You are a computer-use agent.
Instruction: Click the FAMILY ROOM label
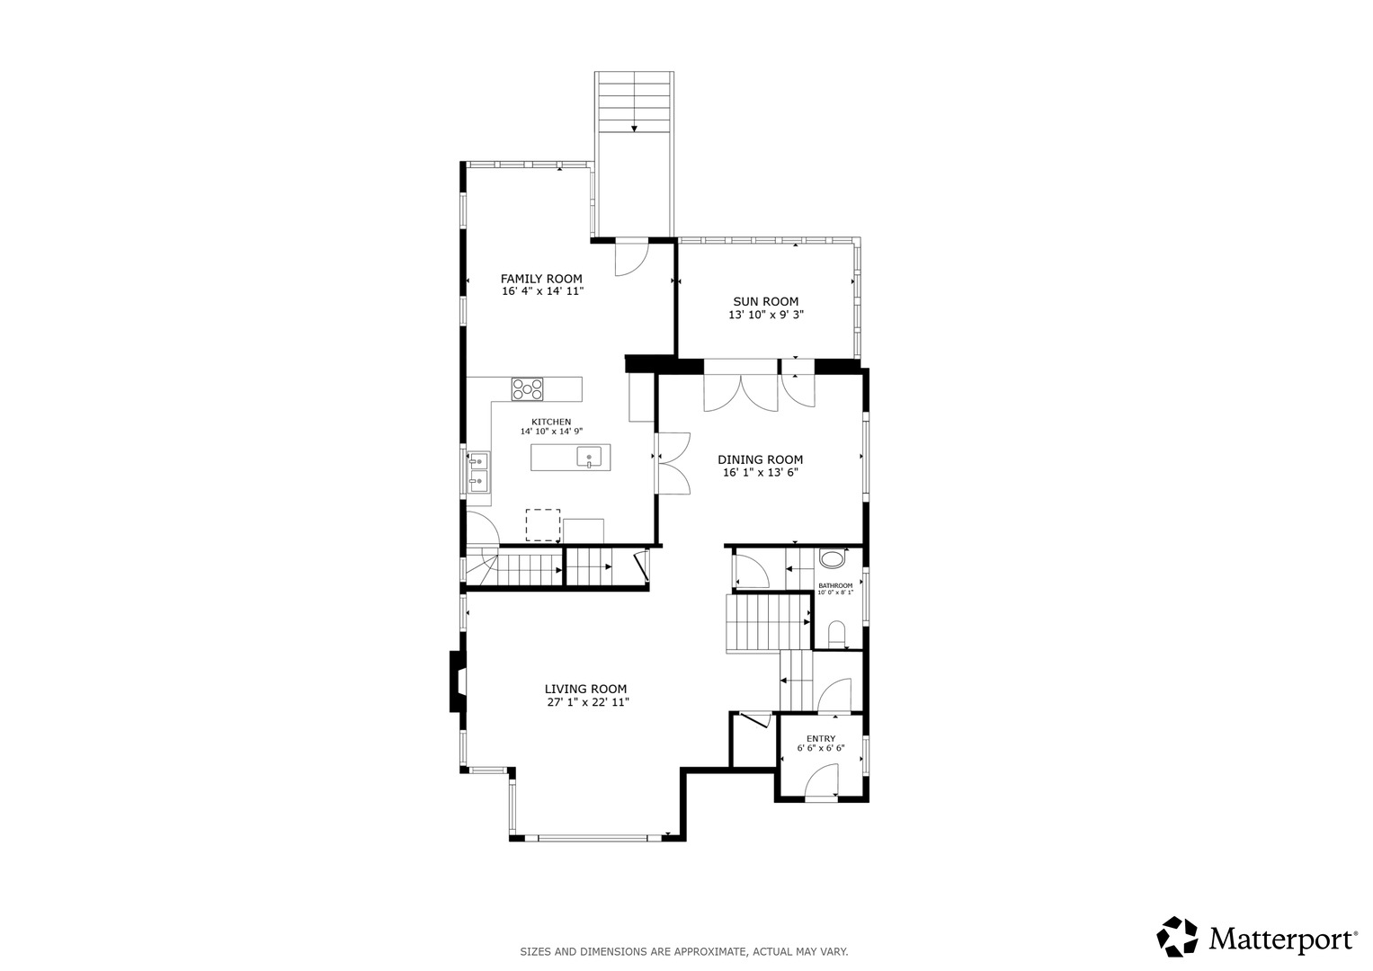[541, 279]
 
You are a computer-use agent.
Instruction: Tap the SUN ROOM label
[765, 302]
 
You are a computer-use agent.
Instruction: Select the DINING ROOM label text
[760, 459]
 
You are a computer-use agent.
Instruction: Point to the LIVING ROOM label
[585, 689]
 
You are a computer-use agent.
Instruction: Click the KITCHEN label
[551, 422]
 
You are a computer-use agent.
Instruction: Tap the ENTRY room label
[820, 739]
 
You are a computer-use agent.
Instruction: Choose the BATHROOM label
[835, 585]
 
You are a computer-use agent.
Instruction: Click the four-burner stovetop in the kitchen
[528, 389]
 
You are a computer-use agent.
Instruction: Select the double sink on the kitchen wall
[477, 472]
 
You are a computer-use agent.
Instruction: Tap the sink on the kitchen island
[589, 458]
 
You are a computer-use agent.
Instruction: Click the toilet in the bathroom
[835, 633]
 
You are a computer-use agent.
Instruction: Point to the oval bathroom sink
[834, 559]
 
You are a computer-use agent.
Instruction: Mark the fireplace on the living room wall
[458, 681]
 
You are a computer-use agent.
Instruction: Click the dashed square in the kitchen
[542, 524]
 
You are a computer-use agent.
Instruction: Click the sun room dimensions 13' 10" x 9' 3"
[765, 316]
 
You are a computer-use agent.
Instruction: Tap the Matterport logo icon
[1178, 937]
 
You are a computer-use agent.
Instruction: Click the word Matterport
[1282, 940]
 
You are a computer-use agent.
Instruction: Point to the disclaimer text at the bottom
[684, 951]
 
